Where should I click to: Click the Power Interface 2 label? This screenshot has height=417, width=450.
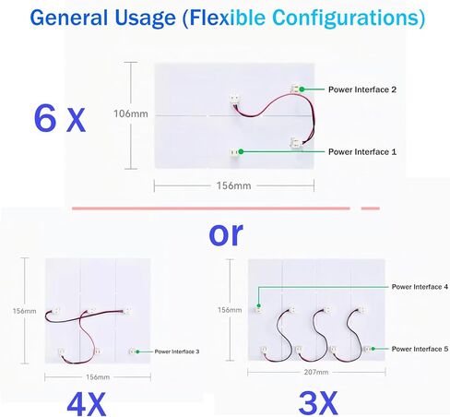(x=362, y=89)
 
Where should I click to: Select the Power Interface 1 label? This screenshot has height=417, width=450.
(x=362, y=152)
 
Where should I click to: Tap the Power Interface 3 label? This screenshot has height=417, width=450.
(x=177, y=351)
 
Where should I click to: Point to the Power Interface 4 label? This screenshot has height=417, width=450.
(x=420, y=287)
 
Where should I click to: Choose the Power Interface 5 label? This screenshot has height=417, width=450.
(x=420, y=349)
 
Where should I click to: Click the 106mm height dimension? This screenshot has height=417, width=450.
(x=131, y=113)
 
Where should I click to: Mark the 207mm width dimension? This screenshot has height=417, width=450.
(x=316, y=372)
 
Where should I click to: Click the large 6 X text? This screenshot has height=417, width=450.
(x=60, y=119)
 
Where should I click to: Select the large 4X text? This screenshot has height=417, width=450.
(x=87, y=404)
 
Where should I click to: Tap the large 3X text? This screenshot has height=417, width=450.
(x=318, y=403)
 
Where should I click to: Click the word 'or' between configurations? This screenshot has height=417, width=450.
(x=226, y=234)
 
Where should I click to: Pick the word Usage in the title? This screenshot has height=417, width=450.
(x=145, y=18)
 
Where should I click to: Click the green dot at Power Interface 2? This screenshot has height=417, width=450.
(x=302, y=89)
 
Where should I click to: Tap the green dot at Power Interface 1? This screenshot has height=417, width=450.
(x=241, y=151)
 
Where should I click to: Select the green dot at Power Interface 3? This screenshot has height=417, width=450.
(x=137, y=351)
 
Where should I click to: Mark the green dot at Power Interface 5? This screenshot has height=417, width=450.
(x=373, y=349)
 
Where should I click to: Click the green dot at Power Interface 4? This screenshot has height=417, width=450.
(x=259, y=305)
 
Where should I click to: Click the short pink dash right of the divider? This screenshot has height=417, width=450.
(x=371, y=208)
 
